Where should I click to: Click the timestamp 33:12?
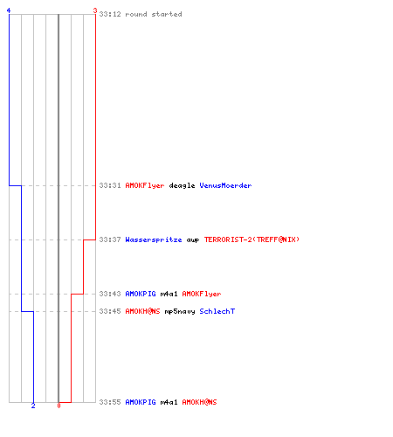coord(110,14)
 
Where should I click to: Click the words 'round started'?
coord(154,14)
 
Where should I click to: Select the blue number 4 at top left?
coord(9,10)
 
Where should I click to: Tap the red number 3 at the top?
coord(95,10)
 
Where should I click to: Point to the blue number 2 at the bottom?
coord(33,406)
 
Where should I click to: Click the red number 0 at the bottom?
coord(59,406)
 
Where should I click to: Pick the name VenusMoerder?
coord(225,185)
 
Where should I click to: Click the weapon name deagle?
coord(182,185)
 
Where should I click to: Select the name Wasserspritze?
coord(154,239)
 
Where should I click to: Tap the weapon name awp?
coord(193,240)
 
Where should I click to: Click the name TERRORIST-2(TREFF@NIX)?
coord(252,239)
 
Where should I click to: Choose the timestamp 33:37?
coord(110,239)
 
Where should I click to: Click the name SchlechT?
coord(217,311)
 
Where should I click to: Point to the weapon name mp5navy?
coord(180,311)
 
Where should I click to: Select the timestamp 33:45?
coord(110,311)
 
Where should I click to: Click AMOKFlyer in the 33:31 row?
coord(145,185)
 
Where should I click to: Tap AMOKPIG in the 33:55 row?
coord(141,402)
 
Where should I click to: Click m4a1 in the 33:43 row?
coord(169,294)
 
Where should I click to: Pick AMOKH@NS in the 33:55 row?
coord(199,402)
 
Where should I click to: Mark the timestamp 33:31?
coord(110,185)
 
